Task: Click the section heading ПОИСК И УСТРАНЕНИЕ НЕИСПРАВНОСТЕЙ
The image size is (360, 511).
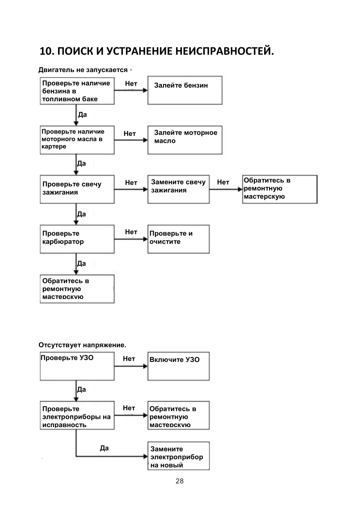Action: [x=165, y=51]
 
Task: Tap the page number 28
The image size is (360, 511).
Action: [x=179, y=481]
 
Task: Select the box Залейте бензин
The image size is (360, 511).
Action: [x=185, y=90]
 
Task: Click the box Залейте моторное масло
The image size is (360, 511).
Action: [x=185, y=140]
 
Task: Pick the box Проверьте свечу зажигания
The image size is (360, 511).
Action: [x=77, y=189]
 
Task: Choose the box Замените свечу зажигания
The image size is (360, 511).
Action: [x=179, y=189]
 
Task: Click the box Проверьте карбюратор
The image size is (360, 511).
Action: [x=77, y=239]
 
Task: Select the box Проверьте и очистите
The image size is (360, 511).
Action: [x=179, y=239]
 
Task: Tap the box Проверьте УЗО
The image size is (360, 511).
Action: [x=77, y=366]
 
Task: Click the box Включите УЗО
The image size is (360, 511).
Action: [x=179, y=366]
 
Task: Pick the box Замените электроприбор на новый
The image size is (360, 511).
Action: [x=179, y=456]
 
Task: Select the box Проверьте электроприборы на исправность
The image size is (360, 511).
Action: [x=77, y=415]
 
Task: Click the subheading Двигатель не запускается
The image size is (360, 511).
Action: [x=83, y=70]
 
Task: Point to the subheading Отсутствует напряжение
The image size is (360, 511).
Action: [x=82, y=345]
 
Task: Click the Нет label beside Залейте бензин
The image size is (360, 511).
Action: [x=131, y=84]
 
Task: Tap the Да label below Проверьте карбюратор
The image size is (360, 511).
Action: [x=81, y=264]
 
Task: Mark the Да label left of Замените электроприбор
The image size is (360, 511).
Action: [x=104, y=448]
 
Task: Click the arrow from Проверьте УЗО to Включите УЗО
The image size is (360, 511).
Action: [x=131, y=366]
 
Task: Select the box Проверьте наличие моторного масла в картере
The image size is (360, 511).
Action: [x=77, y=140]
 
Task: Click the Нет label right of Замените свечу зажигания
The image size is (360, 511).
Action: [x=223, y=182]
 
